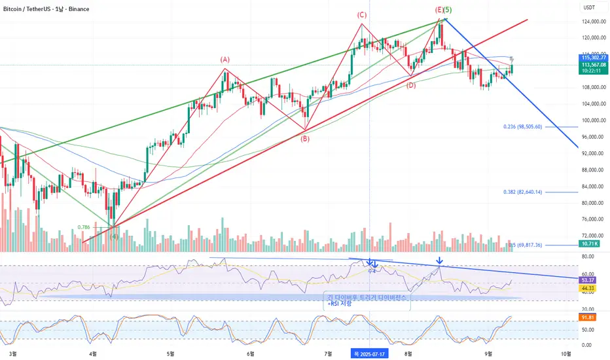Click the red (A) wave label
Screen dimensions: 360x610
[224, 60]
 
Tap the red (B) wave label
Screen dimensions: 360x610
[305, 138]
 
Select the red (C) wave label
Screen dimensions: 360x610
[361, 14]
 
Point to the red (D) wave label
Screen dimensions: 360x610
[411, 86]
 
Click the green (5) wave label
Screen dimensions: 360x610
[447, 10]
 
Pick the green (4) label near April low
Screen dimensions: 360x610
[114, 236]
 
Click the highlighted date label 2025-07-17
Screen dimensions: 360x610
[370, 353]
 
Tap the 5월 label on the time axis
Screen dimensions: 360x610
[170, 353]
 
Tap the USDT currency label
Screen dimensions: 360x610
[589, 8]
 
